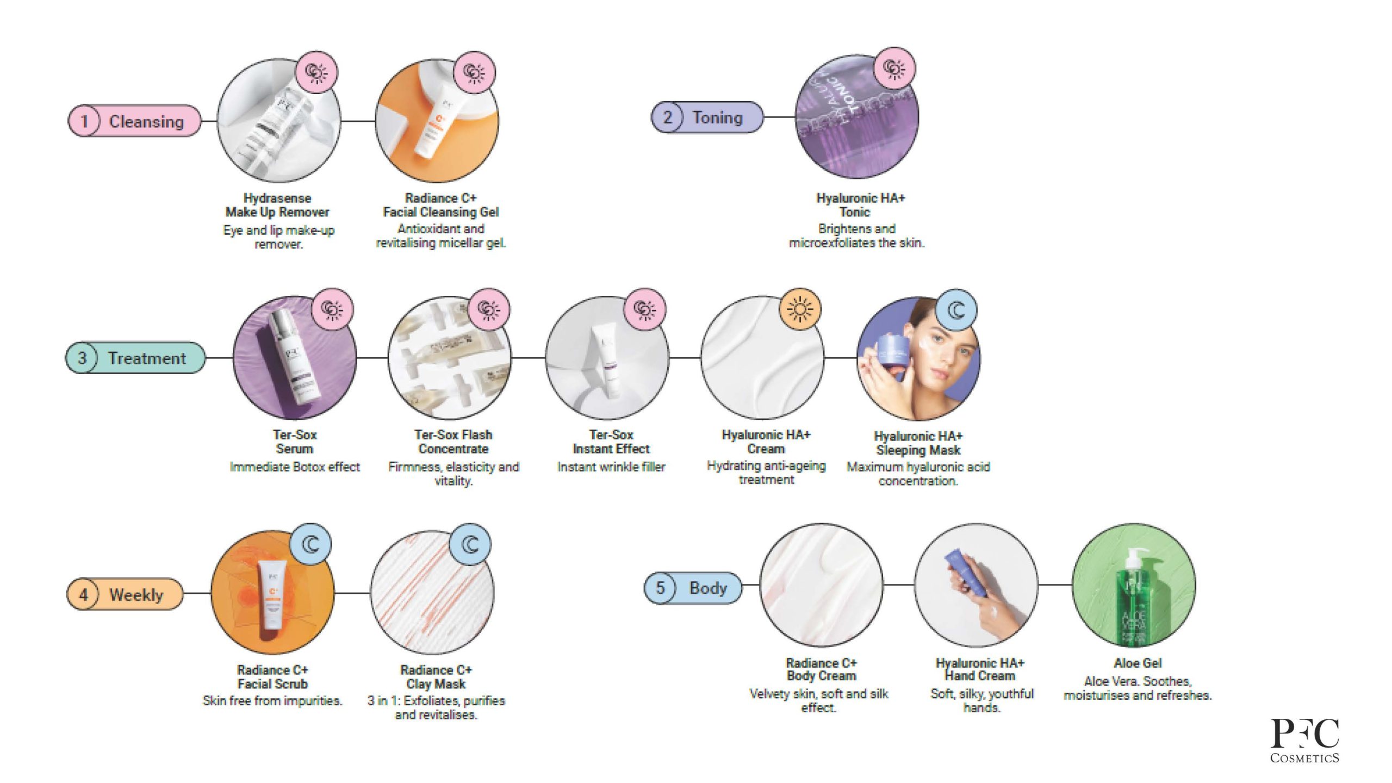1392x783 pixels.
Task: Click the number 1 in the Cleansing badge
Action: [84, 121]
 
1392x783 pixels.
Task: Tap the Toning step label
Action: [717, 117]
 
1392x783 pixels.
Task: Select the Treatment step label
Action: [146, 358]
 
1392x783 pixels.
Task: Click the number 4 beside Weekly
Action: [83, 594]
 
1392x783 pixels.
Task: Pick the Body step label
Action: [707, 588]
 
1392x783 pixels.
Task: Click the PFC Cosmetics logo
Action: [1304, 740]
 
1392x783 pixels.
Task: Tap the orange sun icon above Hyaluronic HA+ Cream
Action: [799, 309]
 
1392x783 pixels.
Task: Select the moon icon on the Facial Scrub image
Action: [311, 544]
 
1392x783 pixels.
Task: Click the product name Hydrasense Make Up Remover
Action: [277, 205]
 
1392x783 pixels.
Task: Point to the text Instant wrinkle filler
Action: [611, 467]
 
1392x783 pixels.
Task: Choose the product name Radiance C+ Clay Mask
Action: [436, 677]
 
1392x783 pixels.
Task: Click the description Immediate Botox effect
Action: [295, 467]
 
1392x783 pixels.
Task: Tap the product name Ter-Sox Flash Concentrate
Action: [453, 442]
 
